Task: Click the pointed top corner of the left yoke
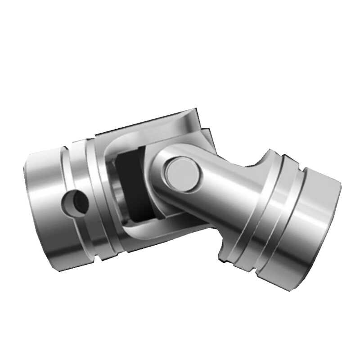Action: [196, 110]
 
